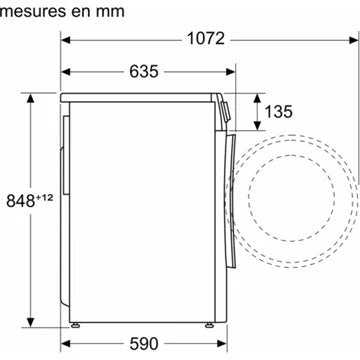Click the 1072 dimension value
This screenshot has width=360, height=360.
pos(207,40)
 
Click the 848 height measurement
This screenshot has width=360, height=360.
pos(16,196)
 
